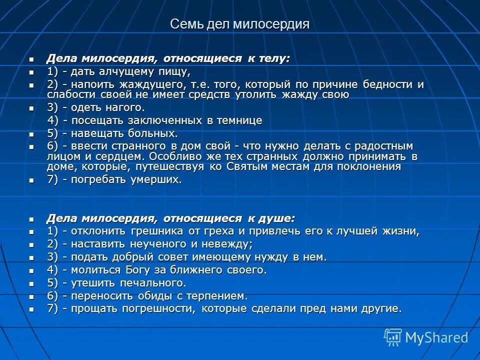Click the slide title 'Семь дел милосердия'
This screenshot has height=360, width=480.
[x=239, y=24]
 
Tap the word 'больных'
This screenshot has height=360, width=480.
[x=154, y=133]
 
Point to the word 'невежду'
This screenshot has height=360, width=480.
[x=230, y=244]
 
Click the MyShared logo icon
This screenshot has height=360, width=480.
[x=393, y=337]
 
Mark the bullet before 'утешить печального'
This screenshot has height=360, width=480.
[x=31, y=283]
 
